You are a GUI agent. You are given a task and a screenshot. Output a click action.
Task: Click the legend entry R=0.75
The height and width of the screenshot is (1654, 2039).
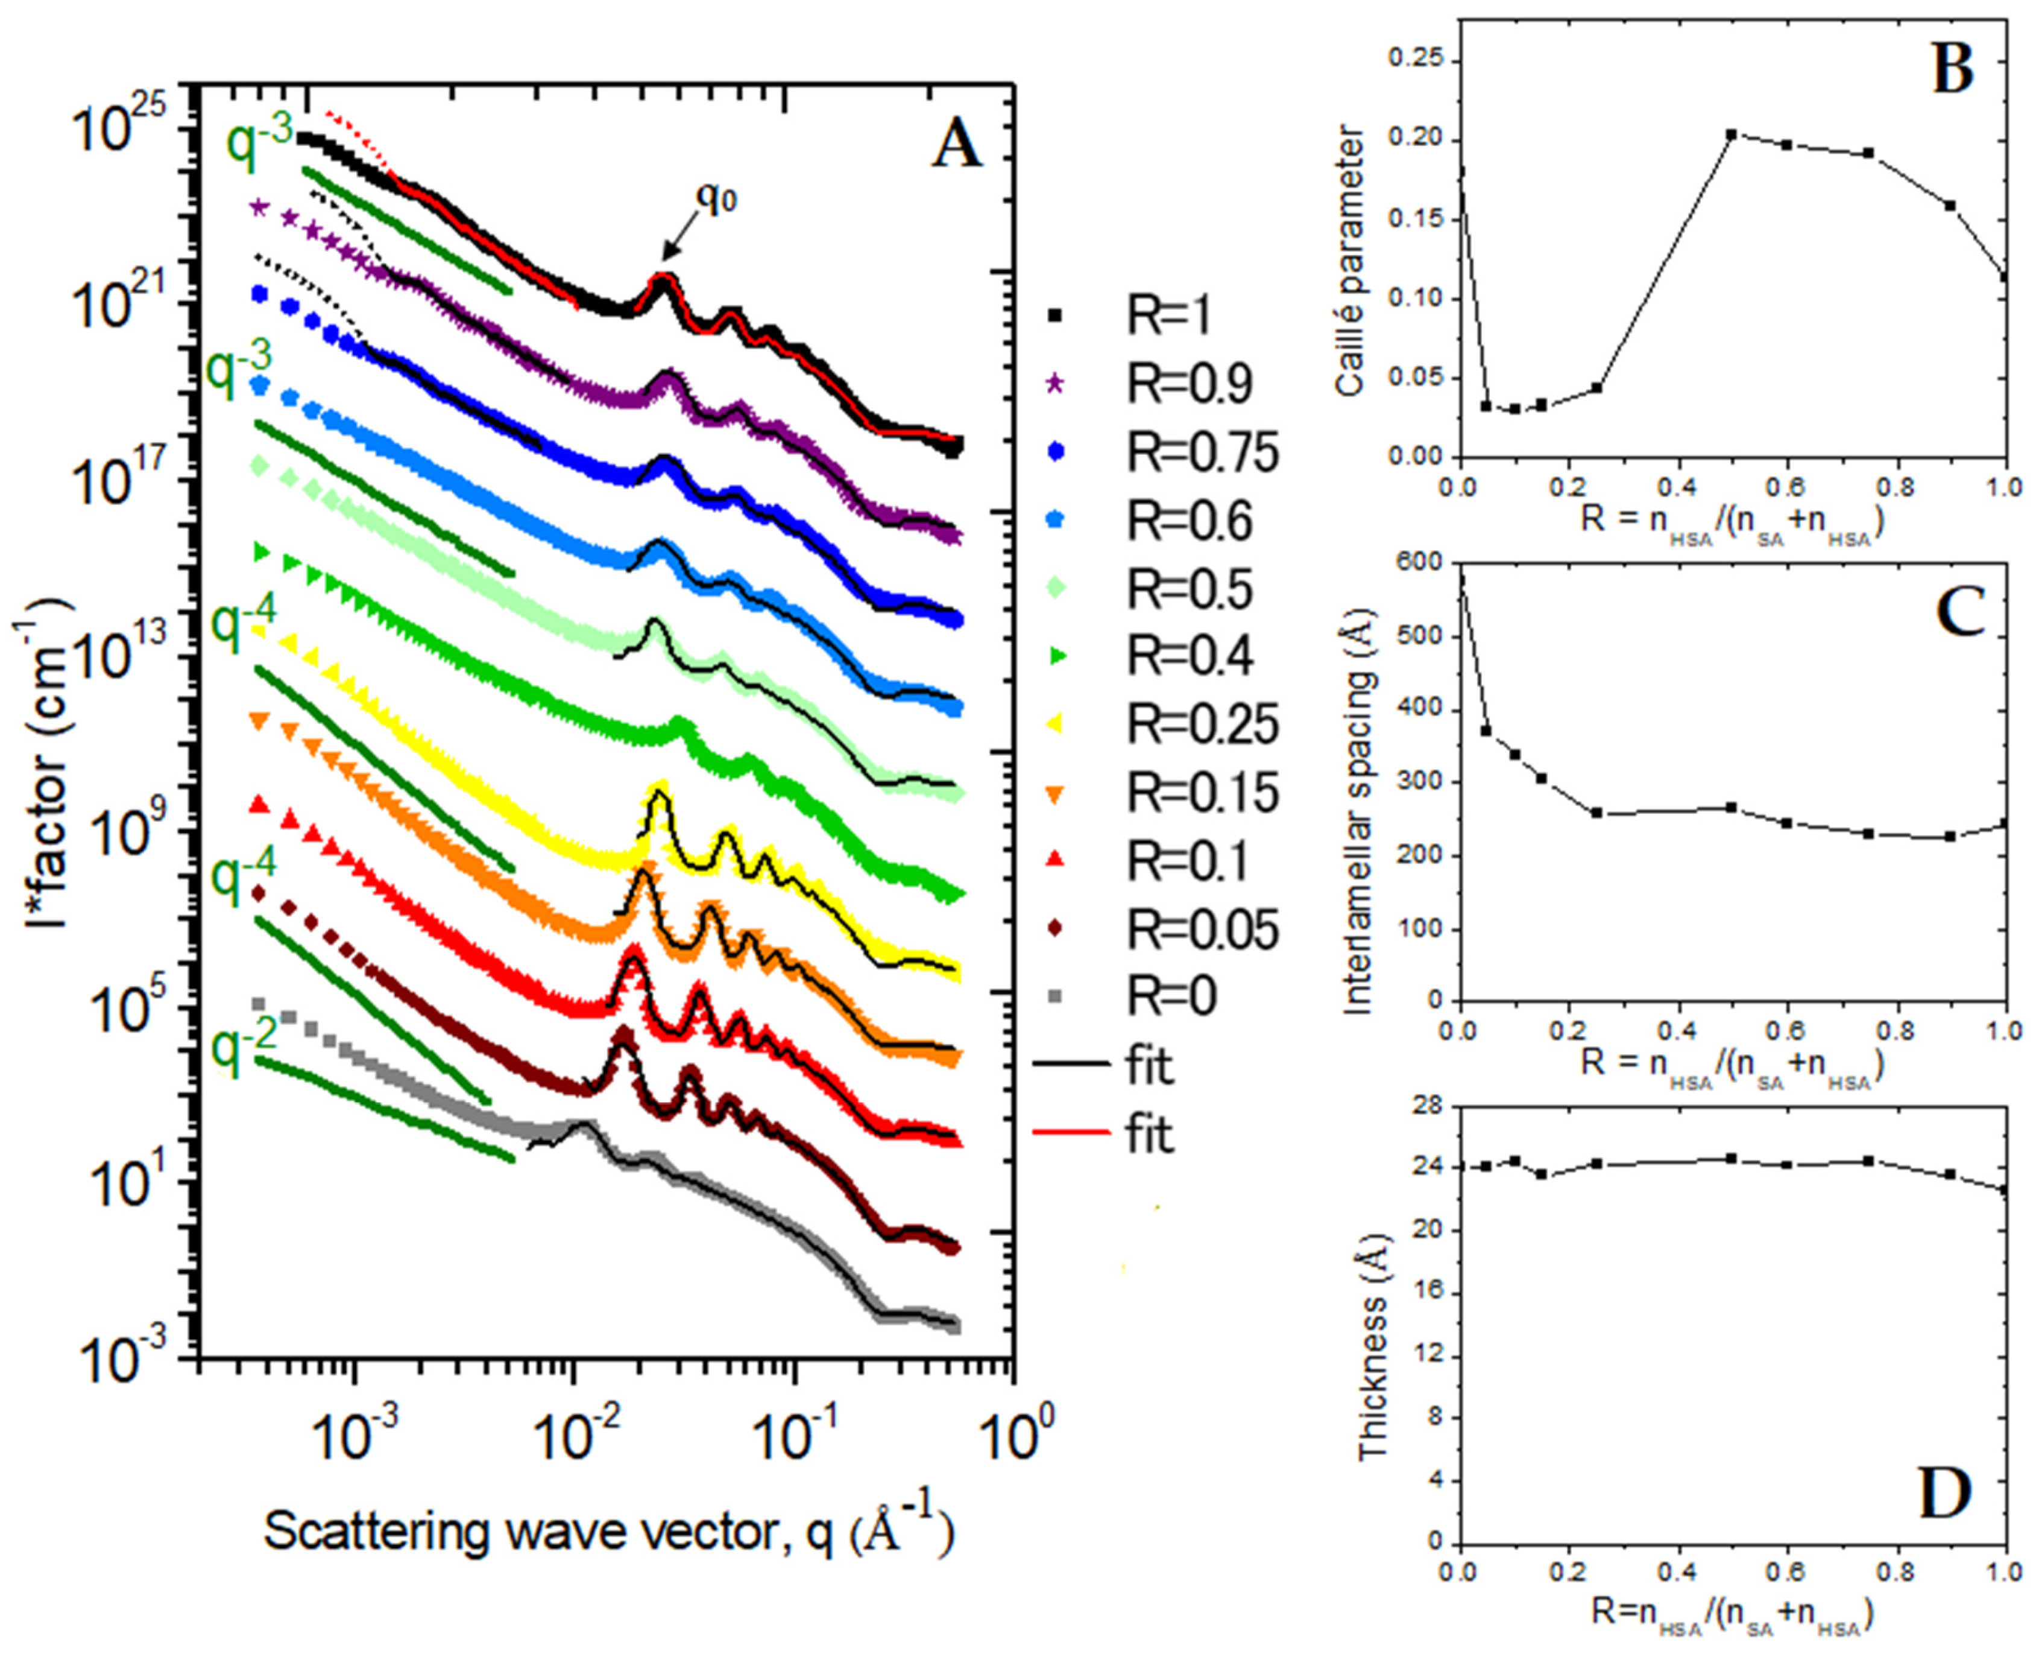click(1202, 452)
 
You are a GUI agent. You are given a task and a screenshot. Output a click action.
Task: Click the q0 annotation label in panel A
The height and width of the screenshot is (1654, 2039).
click(716, 197)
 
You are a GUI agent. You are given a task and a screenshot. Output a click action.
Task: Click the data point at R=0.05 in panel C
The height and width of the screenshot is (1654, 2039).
click(1486, 730)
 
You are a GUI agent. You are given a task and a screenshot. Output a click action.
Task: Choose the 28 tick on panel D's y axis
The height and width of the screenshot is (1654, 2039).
click(1431, 1105)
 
